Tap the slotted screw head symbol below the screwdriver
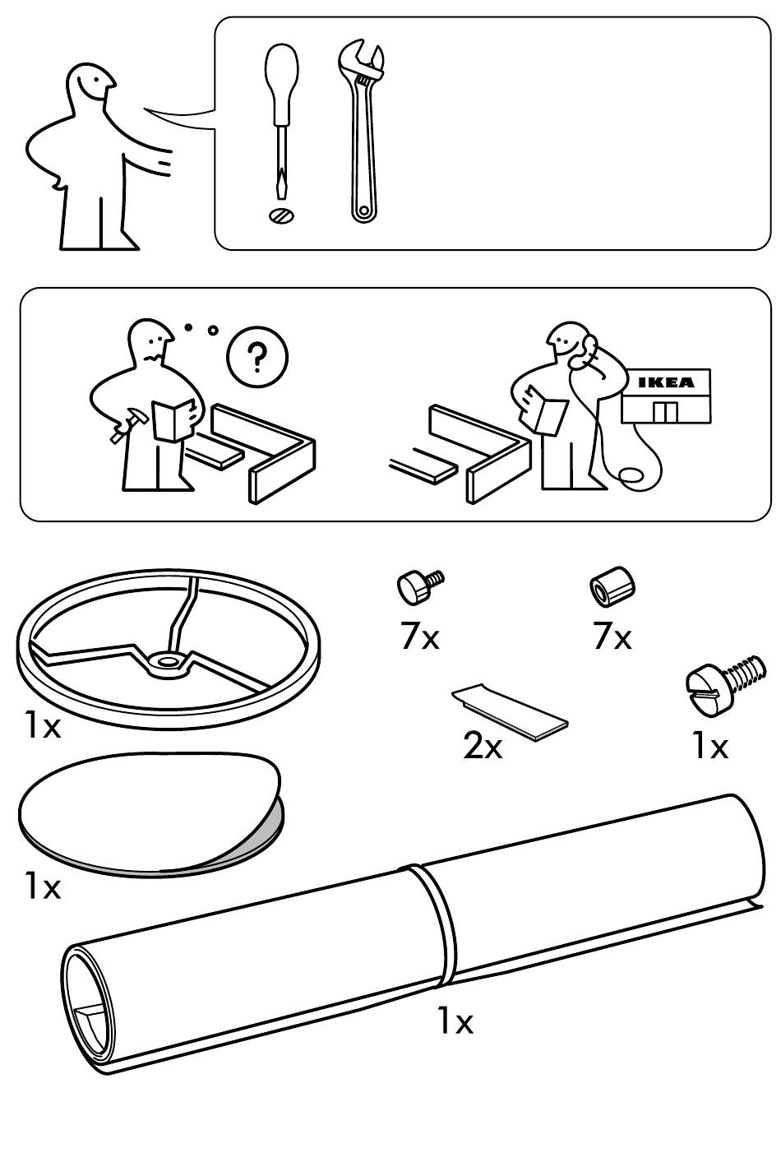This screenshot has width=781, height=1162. coord(281,215)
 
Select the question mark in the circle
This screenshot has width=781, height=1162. coord(257,355)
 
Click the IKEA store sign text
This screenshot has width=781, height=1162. coord(667,382)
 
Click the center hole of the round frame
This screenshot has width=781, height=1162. coord(169,660)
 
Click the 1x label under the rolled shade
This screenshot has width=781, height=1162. coord(455,1021)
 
